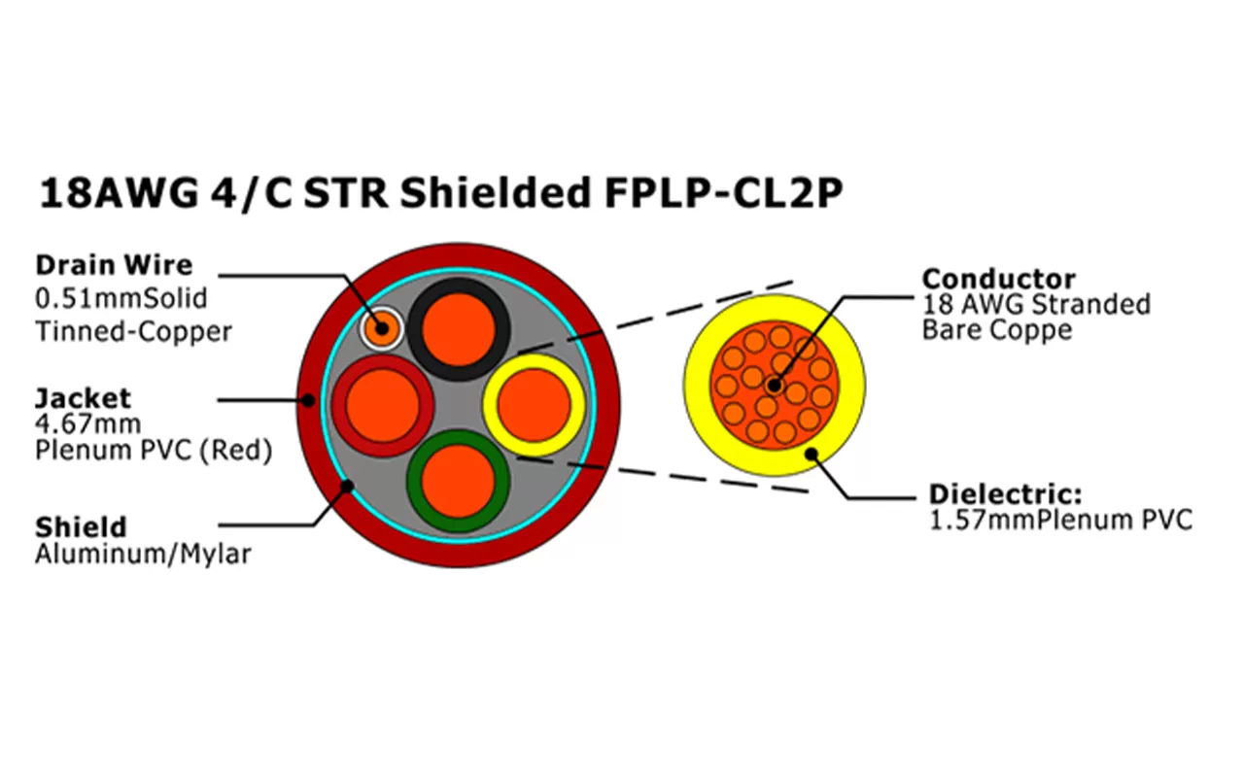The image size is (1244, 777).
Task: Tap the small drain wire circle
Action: click(x=381, y=328)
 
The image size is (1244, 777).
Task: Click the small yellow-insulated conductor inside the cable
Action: click(x=534, y=404)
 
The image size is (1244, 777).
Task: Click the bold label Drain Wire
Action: click(x=114, y=265)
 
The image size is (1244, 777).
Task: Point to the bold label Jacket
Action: click(x=83, y=398)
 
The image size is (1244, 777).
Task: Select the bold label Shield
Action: click(x=81, y=528)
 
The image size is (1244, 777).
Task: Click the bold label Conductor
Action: click(x=999, y=279)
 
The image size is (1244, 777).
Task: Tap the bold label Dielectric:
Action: click(x=1006, y=493)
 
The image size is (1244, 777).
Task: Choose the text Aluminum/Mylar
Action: click(x=143, y=555)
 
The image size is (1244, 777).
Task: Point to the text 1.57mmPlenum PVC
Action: click(x=1060, y=521)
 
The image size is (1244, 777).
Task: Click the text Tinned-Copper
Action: click(x=134, y=332)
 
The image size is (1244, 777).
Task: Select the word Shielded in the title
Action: click(x=493, y=193)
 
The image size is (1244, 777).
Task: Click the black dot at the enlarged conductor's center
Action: click(x=774, y=386)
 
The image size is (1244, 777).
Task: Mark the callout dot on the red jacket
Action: click(x=308, y=399)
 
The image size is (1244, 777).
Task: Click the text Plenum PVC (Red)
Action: click(x=154, y=451)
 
